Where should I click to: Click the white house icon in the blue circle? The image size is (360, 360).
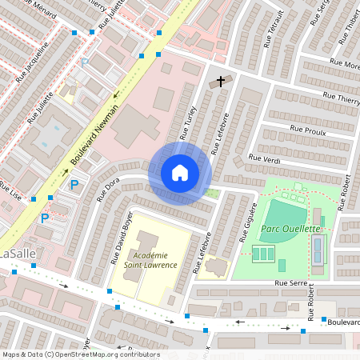(x=180, y=173)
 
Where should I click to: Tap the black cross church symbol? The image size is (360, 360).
(x=220, y=82)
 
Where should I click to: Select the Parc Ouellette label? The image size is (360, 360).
(x=290, y=229)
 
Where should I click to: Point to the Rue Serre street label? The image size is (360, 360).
(x=290, y=283)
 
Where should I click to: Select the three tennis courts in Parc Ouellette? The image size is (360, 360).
(x=262, y=254)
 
